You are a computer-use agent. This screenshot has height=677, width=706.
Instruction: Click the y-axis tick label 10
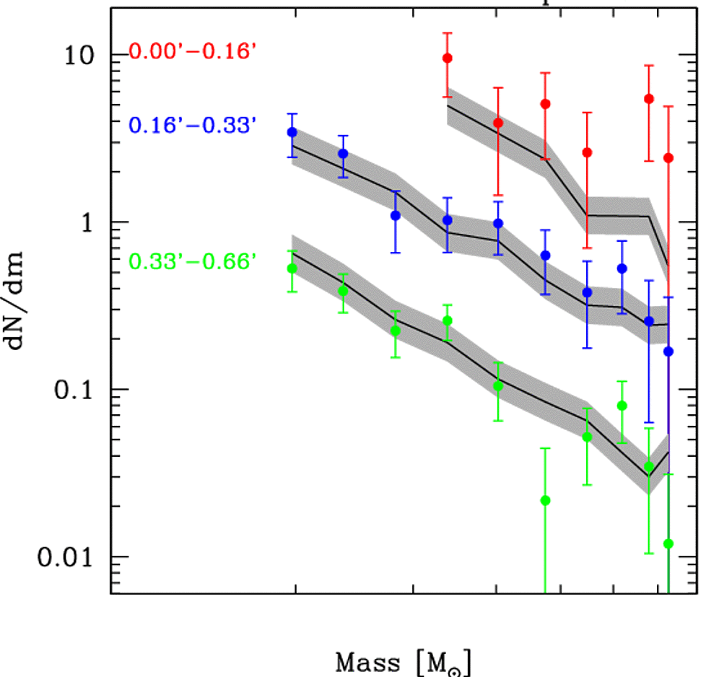(x=81, y=55)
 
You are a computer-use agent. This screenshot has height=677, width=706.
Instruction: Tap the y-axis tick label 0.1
(x=76, y=390)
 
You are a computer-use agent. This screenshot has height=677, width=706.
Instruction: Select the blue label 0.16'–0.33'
(x=193, y=125)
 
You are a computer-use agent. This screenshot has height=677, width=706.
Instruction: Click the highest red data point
(x=448, y=58)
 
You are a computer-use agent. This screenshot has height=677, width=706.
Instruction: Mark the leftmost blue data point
(x=292, y=133)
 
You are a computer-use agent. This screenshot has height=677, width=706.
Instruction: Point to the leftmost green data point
(x=292, y=268)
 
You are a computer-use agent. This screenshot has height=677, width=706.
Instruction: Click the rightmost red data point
(x=668, y=158)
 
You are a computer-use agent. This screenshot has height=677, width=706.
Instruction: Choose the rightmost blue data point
(x=668, y=351)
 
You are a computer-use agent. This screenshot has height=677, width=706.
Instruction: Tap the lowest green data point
(x=668, y=543)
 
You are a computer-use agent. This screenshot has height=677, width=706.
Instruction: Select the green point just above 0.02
(x=546, y=501)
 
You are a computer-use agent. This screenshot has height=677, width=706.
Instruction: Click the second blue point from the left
(x=343, y=154)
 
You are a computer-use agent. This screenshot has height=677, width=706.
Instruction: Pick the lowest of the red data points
(x=668, y=158)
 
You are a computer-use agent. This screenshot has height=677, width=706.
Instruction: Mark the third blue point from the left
(x=396, y=216)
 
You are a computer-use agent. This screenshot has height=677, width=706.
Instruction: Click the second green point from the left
(x=343, y=291)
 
